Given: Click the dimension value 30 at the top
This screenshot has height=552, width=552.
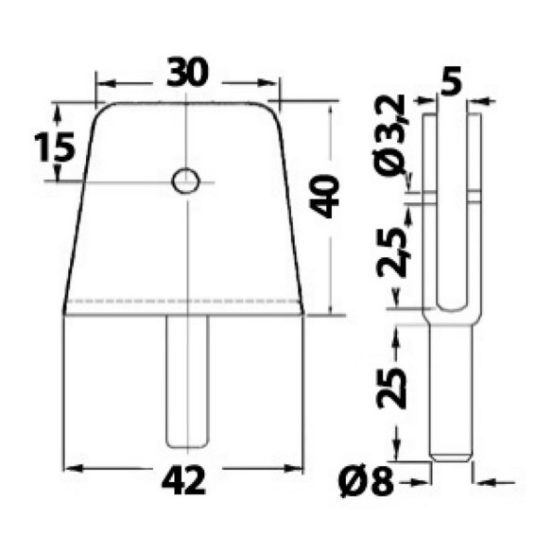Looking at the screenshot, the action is [x=188, y=73].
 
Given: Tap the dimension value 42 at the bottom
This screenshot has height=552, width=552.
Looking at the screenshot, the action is [x=183, y=481].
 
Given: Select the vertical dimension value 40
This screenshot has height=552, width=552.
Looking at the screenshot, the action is [x=323, y=197].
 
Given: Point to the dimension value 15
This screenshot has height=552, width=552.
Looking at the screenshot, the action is [x=55, y=147].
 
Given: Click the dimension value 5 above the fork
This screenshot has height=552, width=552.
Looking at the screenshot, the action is [x=451, y=82].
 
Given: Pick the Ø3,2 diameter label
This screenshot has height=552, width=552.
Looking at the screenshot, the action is [x=389, y=135].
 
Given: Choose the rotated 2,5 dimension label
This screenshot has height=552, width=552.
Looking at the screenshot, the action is [x=391, y=251].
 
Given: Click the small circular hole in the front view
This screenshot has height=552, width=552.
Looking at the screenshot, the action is [x=185, y=181].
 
